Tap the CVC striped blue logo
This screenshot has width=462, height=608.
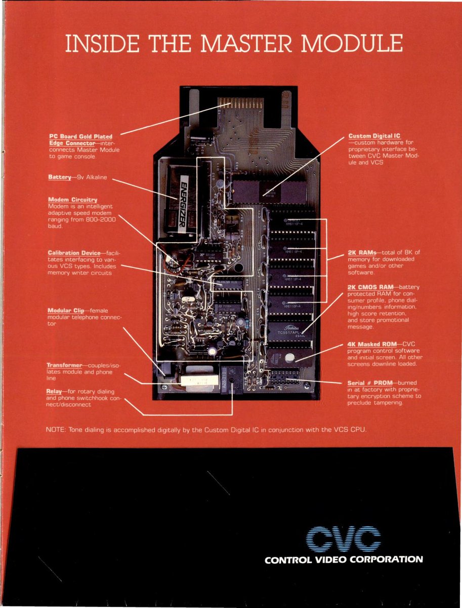[x=344, y=539]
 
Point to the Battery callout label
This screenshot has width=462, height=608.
[x=60, y=177]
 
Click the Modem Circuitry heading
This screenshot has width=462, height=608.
[x=72, y=200]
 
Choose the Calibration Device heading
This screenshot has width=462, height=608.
[x=73, y=252]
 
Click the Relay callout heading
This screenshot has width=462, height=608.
[x=54, y=391]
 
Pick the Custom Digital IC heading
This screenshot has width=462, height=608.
[x=374, y=136]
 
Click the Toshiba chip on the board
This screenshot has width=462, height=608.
[x=289, y=330]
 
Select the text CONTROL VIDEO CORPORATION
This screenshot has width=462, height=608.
[x=343, y=559]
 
